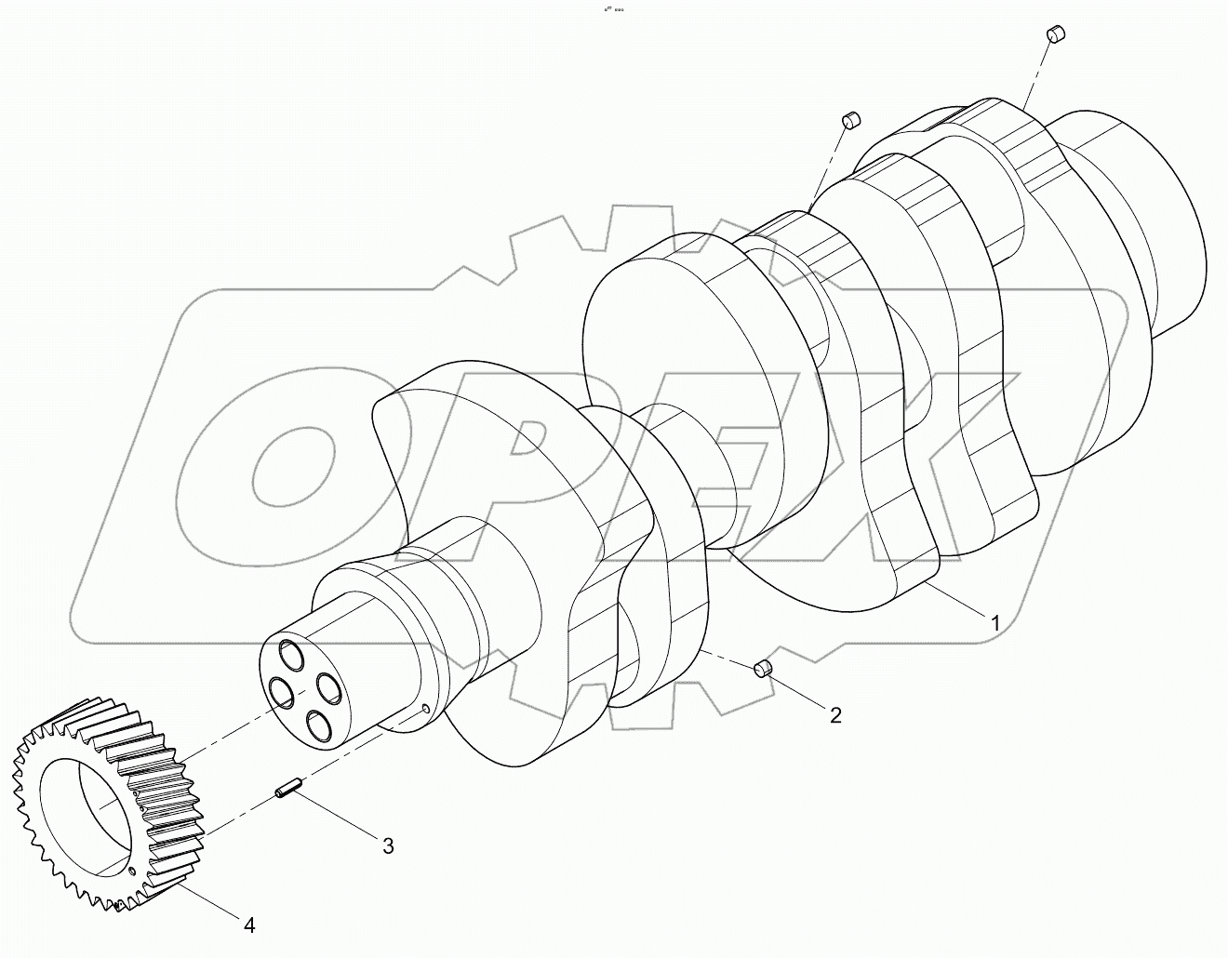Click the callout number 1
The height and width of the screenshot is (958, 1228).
(x=994, y=623)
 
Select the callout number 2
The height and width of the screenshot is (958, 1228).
(x=835, y=714)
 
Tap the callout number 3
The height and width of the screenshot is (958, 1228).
(x=388, y=845)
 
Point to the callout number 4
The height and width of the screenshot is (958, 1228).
(x=248, y=925)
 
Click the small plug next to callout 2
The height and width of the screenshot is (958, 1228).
(x=763, y=668)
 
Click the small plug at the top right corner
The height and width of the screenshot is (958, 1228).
(x=1056, y=34)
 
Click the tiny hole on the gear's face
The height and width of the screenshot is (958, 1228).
(x=133, y=871)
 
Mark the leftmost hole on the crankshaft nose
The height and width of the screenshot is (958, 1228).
(x=280, y=691)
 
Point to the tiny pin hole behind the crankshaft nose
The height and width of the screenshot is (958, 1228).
(x=426, y=709)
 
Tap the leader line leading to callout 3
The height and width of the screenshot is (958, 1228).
(x=336, y=818)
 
